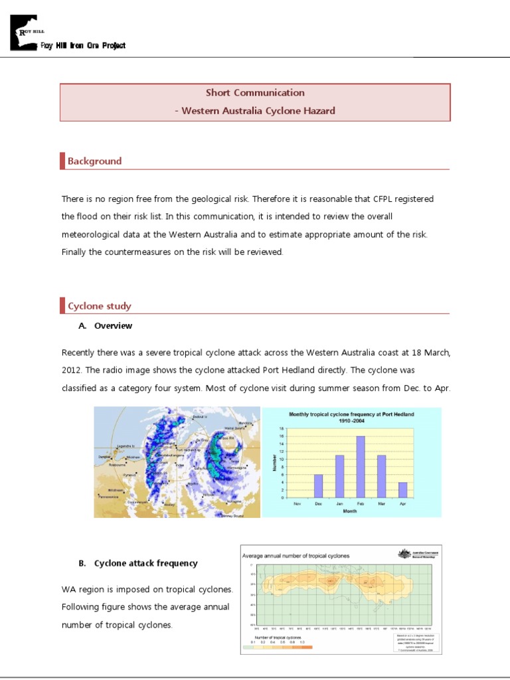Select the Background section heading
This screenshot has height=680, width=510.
[94, 161]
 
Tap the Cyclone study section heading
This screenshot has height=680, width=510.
[99, 306]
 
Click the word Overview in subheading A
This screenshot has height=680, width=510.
[113, 326]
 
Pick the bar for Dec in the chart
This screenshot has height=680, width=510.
[318, 485]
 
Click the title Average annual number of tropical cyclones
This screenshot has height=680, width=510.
[296, 555]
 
